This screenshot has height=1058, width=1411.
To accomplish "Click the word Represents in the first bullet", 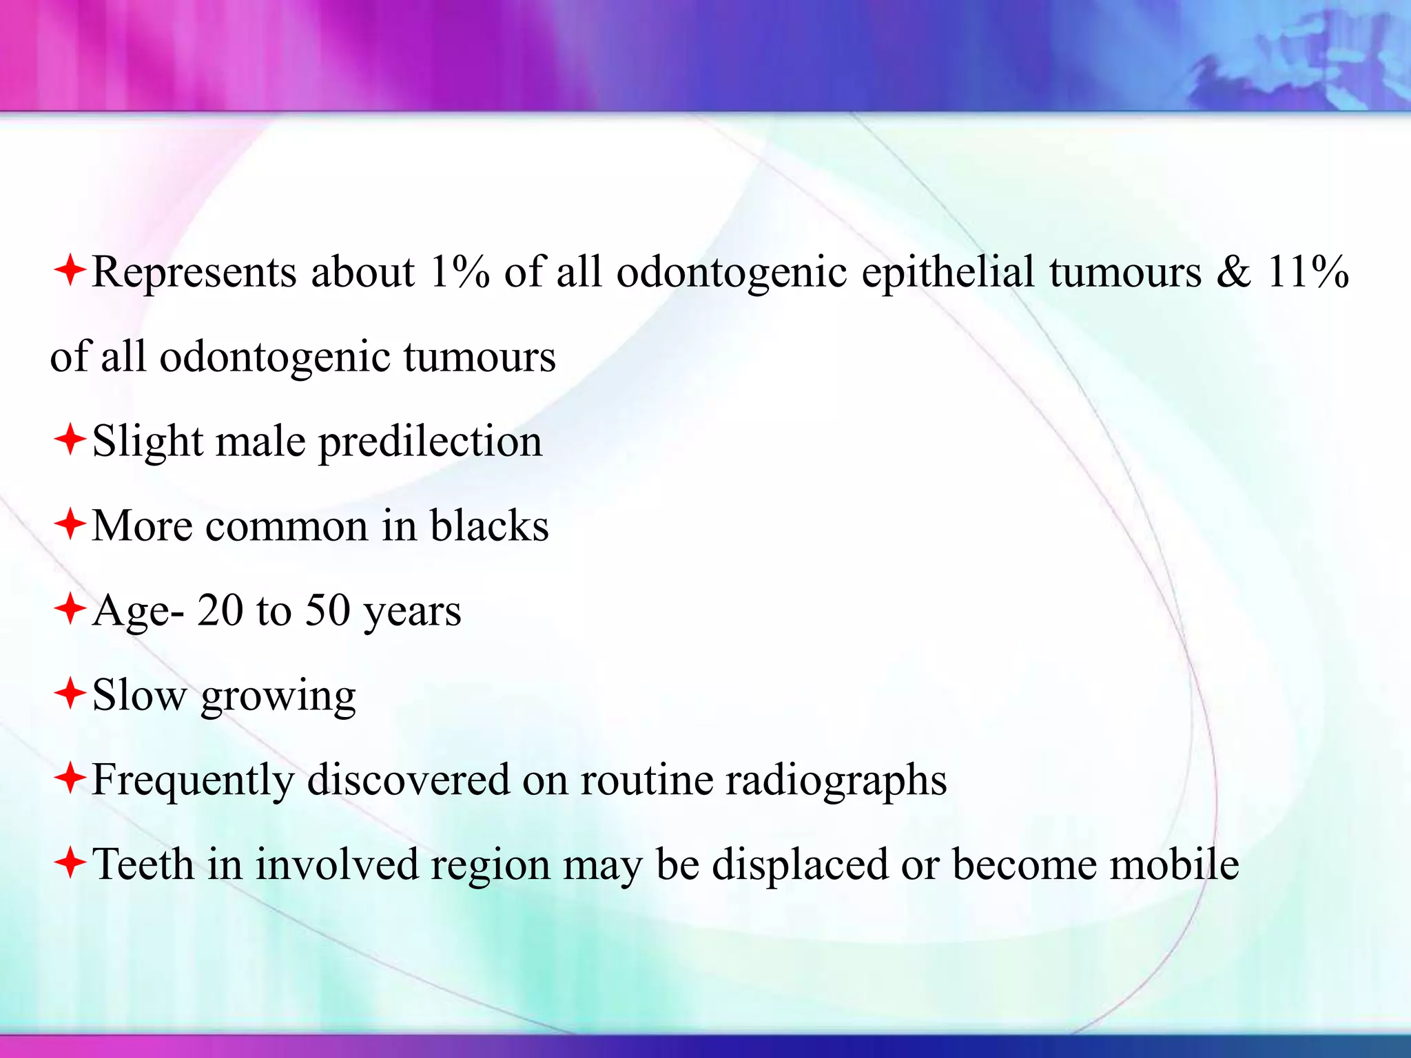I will point(194,273).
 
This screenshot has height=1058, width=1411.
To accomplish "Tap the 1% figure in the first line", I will point(459,271).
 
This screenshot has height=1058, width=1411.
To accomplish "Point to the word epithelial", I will point(948,273).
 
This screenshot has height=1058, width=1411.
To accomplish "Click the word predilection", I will point(430,442).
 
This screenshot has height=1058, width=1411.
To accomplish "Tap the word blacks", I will point(489,526).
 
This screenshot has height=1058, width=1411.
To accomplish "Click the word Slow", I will point(139,695).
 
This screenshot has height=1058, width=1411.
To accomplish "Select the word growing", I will point(278,698).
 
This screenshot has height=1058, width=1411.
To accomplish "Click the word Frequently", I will point(194,781).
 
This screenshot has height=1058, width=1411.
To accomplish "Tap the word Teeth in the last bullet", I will point(143,864).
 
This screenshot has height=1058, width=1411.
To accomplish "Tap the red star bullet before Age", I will point(70,609).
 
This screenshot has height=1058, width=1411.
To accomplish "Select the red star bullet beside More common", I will point(70,525).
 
